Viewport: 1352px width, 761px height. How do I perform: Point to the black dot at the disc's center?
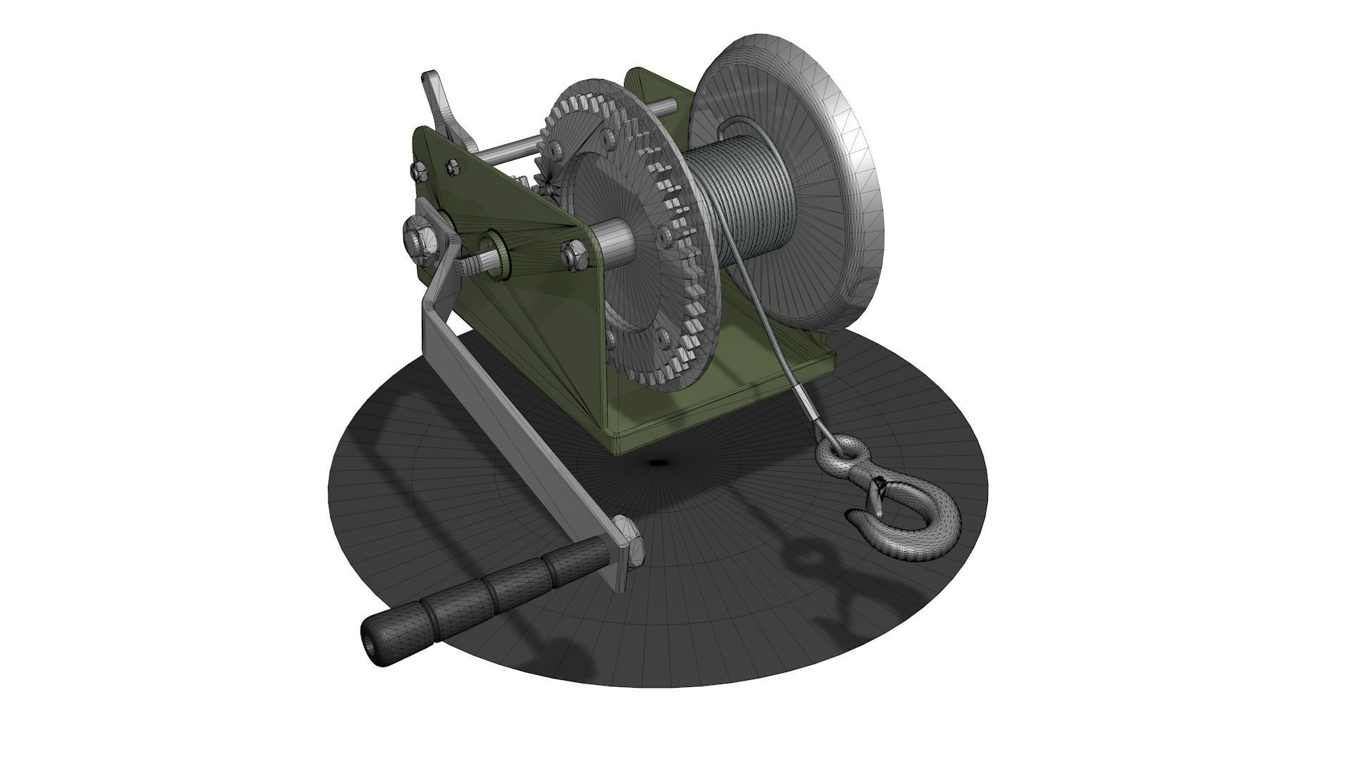[658, 462]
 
